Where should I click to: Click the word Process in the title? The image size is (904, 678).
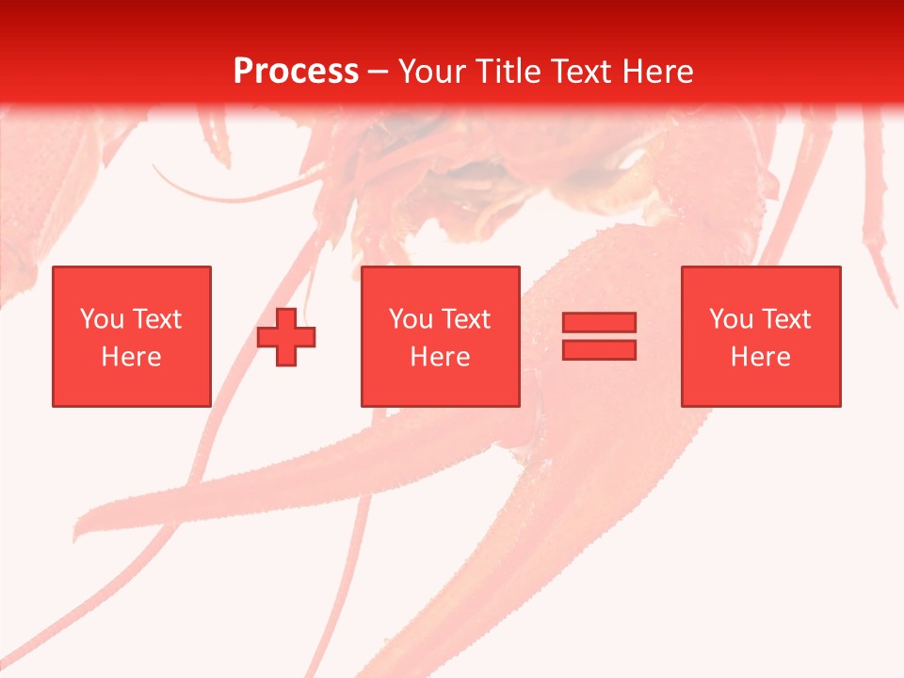click(296, 72)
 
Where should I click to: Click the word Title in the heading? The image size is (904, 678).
click(509, 72)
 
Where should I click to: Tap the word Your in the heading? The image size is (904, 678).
click(436, 72)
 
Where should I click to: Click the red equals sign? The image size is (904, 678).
click(599, 336)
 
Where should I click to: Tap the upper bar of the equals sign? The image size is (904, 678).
click(599, 323)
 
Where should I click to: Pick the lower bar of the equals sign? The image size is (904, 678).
click(599, 349)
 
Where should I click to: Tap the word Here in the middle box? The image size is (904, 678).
click(440, 357)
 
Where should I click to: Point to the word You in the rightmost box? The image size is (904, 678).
click(731, 319)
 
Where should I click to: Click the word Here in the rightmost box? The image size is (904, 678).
click(760, 357)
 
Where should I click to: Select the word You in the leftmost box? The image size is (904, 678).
click(102, 319)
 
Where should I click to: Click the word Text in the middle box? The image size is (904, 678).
click(464, 319)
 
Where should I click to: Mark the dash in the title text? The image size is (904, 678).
click(379, 73)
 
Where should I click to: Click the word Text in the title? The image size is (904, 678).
click(578, 72)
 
